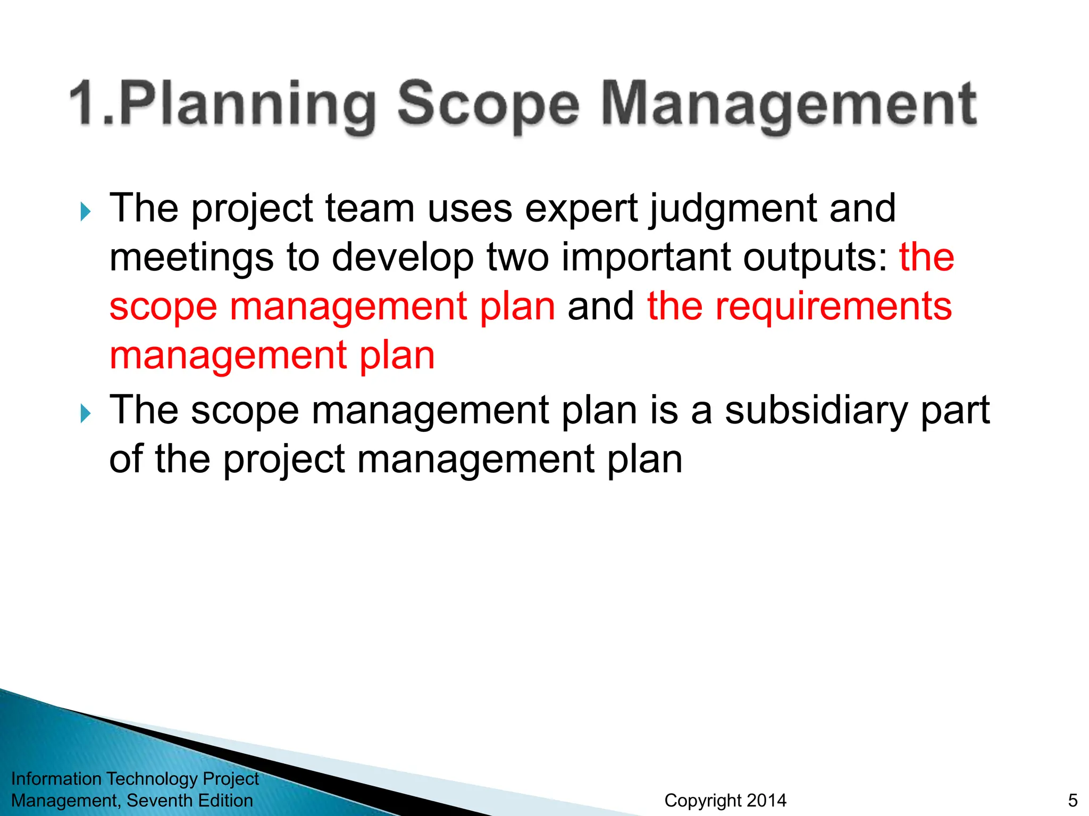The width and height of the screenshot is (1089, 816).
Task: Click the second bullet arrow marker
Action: (x=85, y=413)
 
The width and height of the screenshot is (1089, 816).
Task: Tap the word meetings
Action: (x=192, y=258)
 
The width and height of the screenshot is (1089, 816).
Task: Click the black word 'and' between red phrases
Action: (x=600, y=307)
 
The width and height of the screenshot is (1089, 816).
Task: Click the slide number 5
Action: (x=1073, y=800)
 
